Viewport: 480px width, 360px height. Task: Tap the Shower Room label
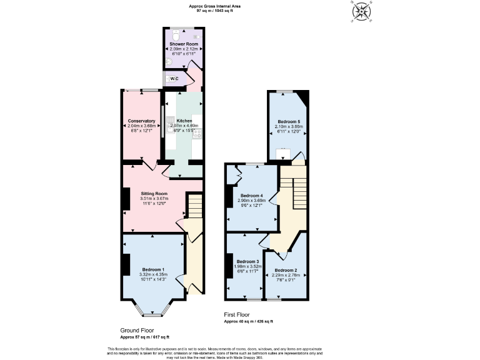tap(184, 44)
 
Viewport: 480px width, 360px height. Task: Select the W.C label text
tap(175, 78)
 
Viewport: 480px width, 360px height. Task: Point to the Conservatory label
tap(141, 121)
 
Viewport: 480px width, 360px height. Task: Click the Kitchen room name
tap(184, 121)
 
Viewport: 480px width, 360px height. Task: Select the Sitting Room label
tap(154, 194)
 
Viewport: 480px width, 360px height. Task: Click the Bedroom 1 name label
tap(153, 268)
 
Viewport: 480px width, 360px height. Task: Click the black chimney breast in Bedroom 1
tap(126, 263)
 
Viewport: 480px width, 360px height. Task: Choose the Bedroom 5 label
tap(288, 121)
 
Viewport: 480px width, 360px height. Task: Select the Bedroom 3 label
tap(248, 261)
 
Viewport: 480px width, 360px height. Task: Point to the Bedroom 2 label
tap(286, 270)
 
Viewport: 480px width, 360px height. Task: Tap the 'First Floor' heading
tap(239, 316)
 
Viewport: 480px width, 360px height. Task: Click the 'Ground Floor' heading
tap(137, 330)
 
